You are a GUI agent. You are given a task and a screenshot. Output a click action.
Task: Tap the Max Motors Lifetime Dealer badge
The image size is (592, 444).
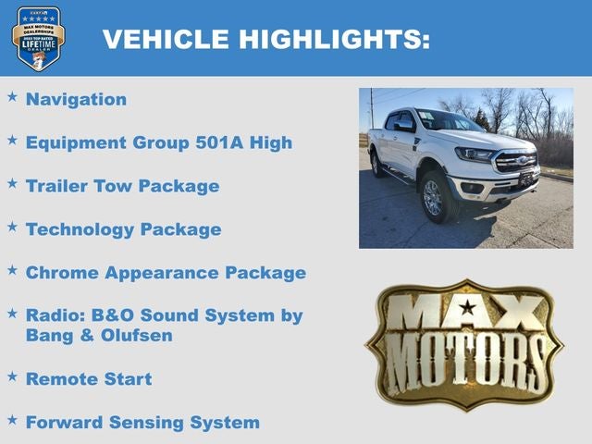point(37,38)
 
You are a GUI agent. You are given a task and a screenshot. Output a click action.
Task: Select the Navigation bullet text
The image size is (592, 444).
point(76,99)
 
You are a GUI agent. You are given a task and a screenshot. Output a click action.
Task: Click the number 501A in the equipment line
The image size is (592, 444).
point(223,142)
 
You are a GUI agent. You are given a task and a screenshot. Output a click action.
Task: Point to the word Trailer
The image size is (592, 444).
point(57,186)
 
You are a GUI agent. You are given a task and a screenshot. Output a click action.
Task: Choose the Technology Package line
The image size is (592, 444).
point(123,229)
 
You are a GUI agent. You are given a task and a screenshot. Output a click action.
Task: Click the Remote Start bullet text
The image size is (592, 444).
point(89,378)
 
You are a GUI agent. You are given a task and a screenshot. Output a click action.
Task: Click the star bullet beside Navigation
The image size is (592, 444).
point(12,96)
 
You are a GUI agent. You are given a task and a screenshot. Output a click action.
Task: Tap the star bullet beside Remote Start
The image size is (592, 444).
point(12,376)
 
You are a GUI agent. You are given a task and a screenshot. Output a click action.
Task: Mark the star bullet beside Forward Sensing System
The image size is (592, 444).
point(12,419)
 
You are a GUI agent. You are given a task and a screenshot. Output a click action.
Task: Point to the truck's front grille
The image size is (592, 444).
point(516,161)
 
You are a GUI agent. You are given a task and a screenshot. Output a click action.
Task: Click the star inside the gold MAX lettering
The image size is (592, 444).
point(467,307)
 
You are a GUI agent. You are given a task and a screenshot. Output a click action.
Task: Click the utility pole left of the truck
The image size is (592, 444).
point(371,110)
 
